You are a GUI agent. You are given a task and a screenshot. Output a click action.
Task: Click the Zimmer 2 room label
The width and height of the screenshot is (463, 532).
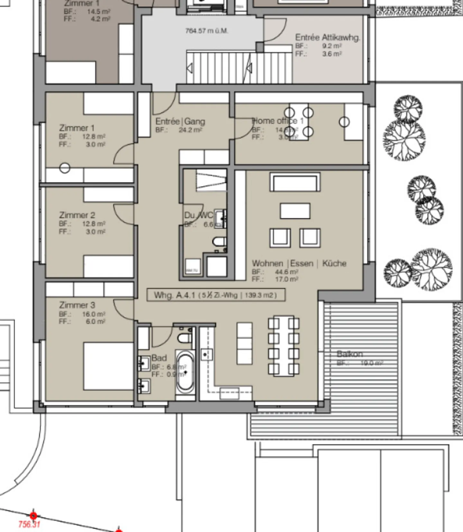pyautogui.click(x=77, y=215)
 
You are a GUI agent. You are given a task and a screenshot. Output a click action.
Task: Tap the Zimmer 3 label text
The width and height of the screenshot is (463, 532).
pyautogui.click(x=77, y=305)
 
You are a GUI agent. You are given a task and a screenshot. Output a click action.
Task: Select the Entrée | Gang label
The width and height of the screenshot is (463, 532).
pyautogui.click(x=180, y=121)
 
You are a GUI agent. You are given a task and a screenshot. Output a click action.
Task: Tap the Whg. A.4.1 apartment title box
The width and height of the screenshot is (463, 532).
pyautogui.click(x=216, y=295)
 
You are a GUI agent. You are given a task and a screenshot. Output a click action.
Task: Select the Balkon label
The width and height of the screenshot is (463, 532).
pyautogui.click(x=350, y=354)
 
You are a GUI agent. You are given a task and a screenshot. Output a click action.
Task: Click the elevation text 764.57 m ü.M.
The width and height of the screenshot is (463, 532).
pyautogui.click(x=207, y=31)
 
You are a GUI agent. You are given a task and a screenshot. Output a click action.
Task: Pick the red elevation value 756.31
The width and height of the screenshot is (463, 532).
pyautogui.click(x=29, y=524)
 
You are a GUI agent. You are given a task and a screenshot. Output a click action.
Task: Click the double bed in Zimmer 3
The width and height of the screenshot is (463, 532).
pyautogui.click(x=108, y=366)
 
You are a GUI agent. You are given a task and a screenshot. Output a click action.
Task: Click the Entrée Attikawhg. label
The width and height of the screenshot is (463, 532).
pyautogui.click(x=327, y=37)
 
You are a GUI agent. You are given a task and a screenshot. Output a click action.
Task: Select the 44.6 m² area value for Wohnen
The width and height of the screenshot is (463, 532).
pyautogui.click(x=286, y=272)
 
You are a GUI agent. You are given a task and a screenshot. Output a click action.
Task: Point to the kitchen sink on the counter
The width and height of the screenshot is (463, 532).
pyautogui.click(x=206, y=354)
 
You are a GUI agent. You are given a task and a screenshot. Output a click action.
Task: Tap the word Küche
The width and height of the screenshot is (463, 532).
pyautogui.click(x=334, y=263)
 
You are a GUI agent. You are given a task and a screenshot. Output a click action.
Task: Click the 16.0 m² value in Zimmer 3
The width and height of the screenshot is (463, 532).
pyautogui.click(x=93, y=314)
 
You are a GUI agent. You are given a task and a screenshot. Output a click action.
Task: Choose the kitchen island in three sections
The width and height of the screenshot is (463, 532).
pyautogui.click(x=244, y=343)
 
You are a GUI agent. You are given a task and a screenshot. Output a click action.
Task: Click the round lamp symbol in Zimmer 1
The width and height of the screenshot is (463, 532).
pyautogui.click(x=65, y=168)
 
